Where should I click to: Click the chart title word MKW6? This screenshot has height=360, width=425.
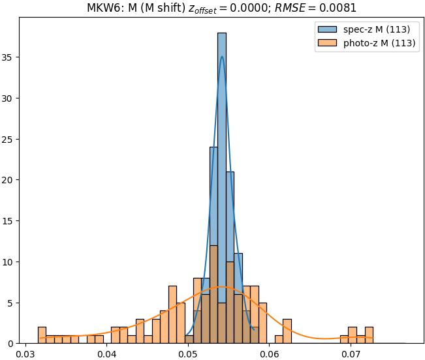coord(101,8)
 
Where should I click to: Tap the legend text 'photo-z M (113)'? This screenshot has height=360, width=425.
coord(380,43)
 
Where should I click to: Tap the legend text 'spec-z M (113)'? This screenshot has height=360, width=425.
coord(377,29)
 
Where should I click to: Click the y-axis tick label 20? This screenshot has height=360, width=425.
coord(9,180)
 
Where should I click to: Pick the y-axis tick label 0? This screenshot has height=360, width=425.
coord(12,344)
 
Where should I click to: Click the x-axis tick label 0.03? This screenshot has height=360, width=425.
coord(25,355)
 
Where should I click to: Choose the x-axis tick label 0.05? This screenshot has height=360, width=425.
coord(188,355)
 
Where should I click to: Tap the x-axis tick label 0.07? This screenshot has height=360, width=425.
coord(351,355)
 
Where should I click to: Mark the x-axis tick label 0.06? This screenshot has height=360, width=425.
coord(270,355)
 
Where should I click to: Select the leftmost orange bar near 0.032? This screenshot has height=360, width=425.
coord(42,335)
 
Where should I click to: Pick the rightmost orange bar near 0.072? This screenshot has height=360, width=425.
coord(369,335)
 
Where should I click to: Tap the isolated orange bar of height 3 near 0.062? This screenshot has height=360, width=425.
coord(287,331)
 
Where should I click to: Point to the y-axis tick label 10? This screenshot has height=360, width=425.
coord(9,262)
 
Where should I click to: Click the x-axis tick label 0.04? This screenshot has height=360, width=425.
coord(107,355)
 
